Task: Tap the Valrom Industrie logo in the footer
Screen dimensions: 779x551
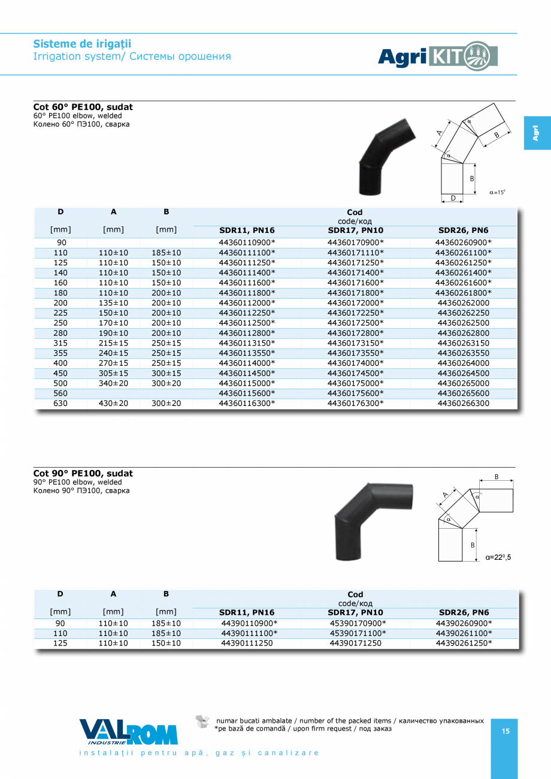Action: point(128,732)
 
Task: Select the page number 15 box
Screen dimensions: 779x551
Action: point(505,731)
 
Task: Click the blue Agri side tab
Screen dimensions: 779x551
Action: point(537,132)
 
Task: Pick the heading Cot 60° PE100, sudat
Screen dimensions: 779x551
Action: point(83,107)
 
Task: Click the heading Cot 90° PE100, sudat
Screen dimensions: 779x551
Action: point(83,474)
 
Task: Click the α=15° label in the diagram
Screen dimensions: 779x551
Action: point(497,192)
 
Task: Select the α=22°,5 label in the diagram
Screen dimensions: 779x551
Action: point(498,557)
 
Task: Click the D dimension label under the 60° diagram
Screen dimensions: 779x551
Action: point(453,198)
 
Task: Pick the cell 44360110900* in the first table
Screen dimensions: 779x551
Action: point(247,243)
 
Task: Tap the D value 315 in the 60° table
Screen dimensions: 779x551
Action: point(60,343)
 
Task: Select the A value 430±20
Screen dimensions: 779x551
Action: point(113,404)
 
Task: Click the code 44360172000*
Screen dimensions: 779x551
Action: point(355,303)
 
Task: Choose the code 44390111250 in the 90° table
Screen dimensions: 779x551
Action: point(247,643)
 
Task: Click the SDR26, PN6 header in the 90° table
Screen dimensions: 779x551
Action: point(464,613)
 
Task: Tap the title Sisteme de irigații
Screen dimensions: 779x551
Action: point(82,44)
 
